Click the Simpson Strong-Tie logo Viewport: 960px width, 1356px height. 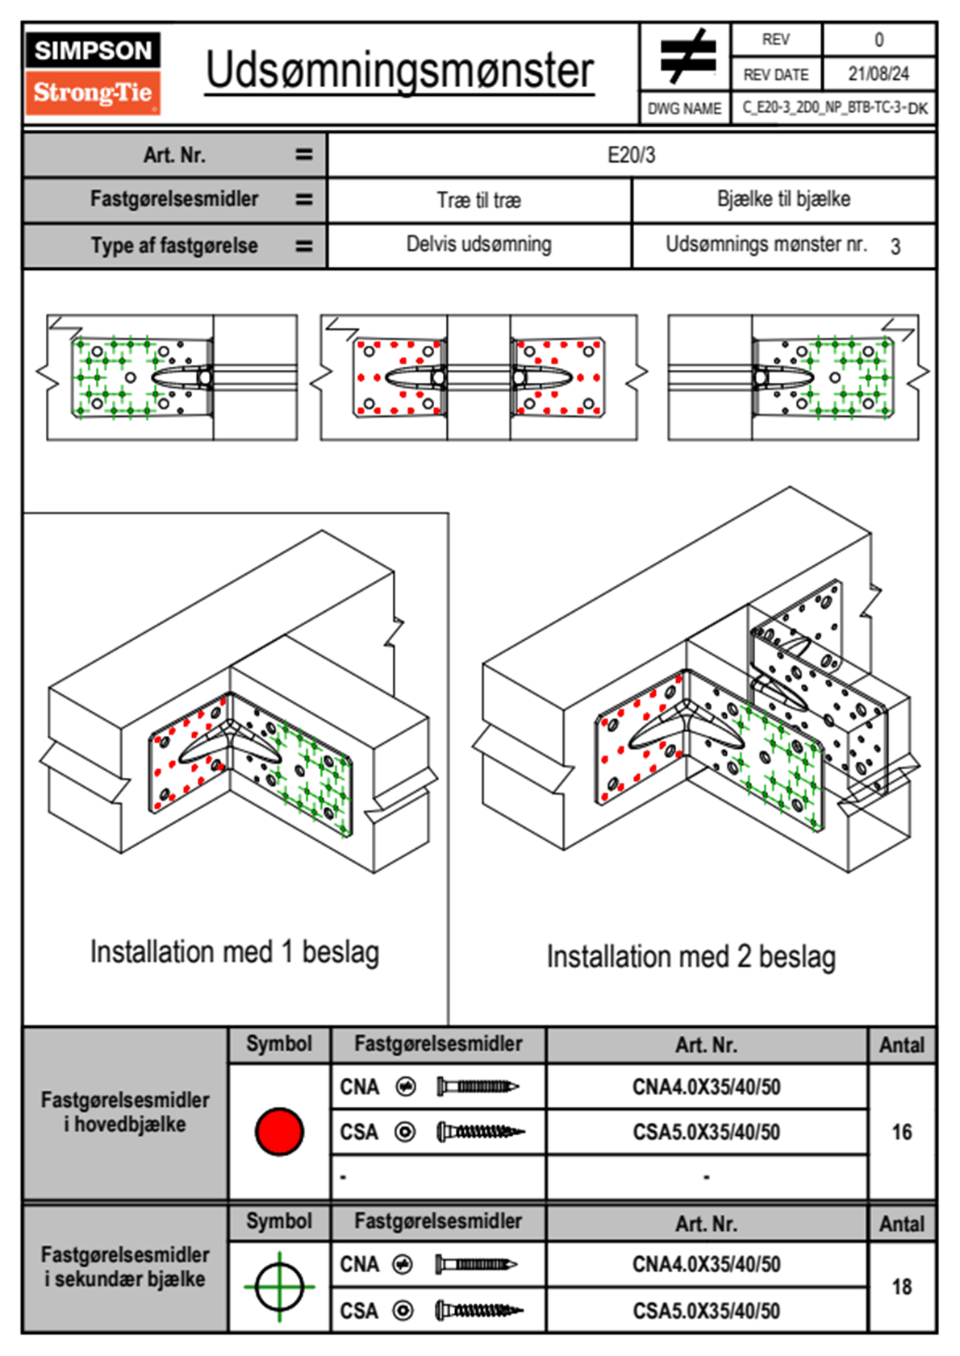click(x=92, y=73)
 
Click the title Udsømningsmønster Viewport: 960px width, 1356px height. click(x=399, y=71)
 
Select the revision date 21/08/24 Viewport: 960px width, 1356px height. click(x=878, y=74)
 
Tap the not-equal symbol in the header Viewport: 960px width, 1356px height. click(x=687, y=56)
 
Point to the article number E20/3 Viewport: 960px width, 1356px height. click(x=631, y=155)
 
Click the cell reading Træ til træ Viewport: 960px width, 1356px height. click(x=478, y=200)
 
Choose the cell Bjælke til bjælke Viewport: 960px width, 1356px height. click(x=783, y=199)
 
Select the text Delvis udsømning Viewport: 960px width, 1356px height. click(x=478, y=244)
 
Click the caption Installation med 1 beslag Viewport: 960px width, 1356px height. click(x=234, y=952)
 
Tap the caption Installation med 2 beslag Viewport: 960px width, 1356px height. click(x=691, y=957)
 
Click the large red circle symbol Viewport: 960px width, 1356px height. click(x=279, y=1131)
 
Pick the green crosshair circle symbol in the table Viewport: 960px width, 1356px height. click(x=279, y=1286)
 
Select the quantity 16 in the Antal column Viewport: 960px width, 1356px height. click(x=901, y=1132)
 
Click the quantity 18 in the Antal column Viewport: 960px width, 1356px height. click(x=901, y=1287)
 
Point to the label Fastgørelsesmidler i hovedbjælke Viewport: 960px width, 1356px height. click(x=125, y=1112)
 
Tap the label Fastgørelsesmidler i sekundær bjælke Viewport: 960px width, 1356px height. click(x=125, y=1267)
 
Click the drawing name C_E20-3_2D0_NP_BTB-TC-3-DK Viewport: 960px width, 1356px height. click(x=834, y=107)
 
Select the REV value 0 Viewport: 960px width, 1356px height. click(x=879, y=40)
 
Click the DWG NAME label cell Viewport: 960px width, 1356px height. click(x=684, y=108)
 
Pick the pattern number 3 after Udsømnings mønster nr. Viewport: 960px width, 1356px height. click(x=895, y=246)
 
